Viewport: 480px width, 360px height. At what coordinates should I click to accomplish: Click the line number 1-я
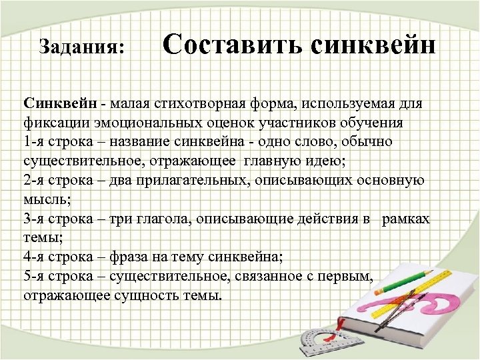click(x=35, y=142)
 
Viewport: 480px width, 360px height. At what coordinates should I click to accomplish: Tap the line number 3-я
click(x=35, y=219)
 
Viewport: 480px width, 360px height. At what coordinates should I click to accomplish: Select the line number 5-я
click(x=35, y=276)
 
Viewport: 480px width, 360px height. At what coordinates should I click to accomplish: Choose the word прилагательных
click(x=174, y=180)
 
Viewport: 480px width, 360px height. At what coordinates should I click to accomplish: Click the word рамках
click(x=406, y=219)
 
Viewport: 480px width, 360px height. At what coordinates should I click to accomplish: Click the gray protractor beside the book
click(x=313, y=340)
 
